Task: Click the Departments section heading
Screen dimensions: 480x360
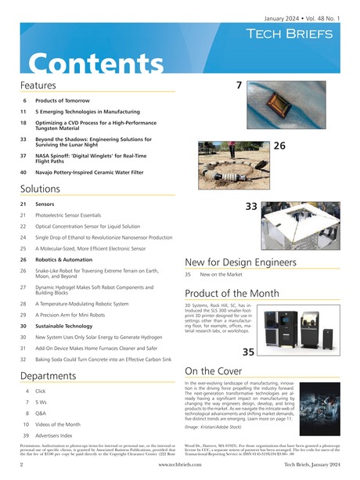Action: (x=52, y=375)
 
